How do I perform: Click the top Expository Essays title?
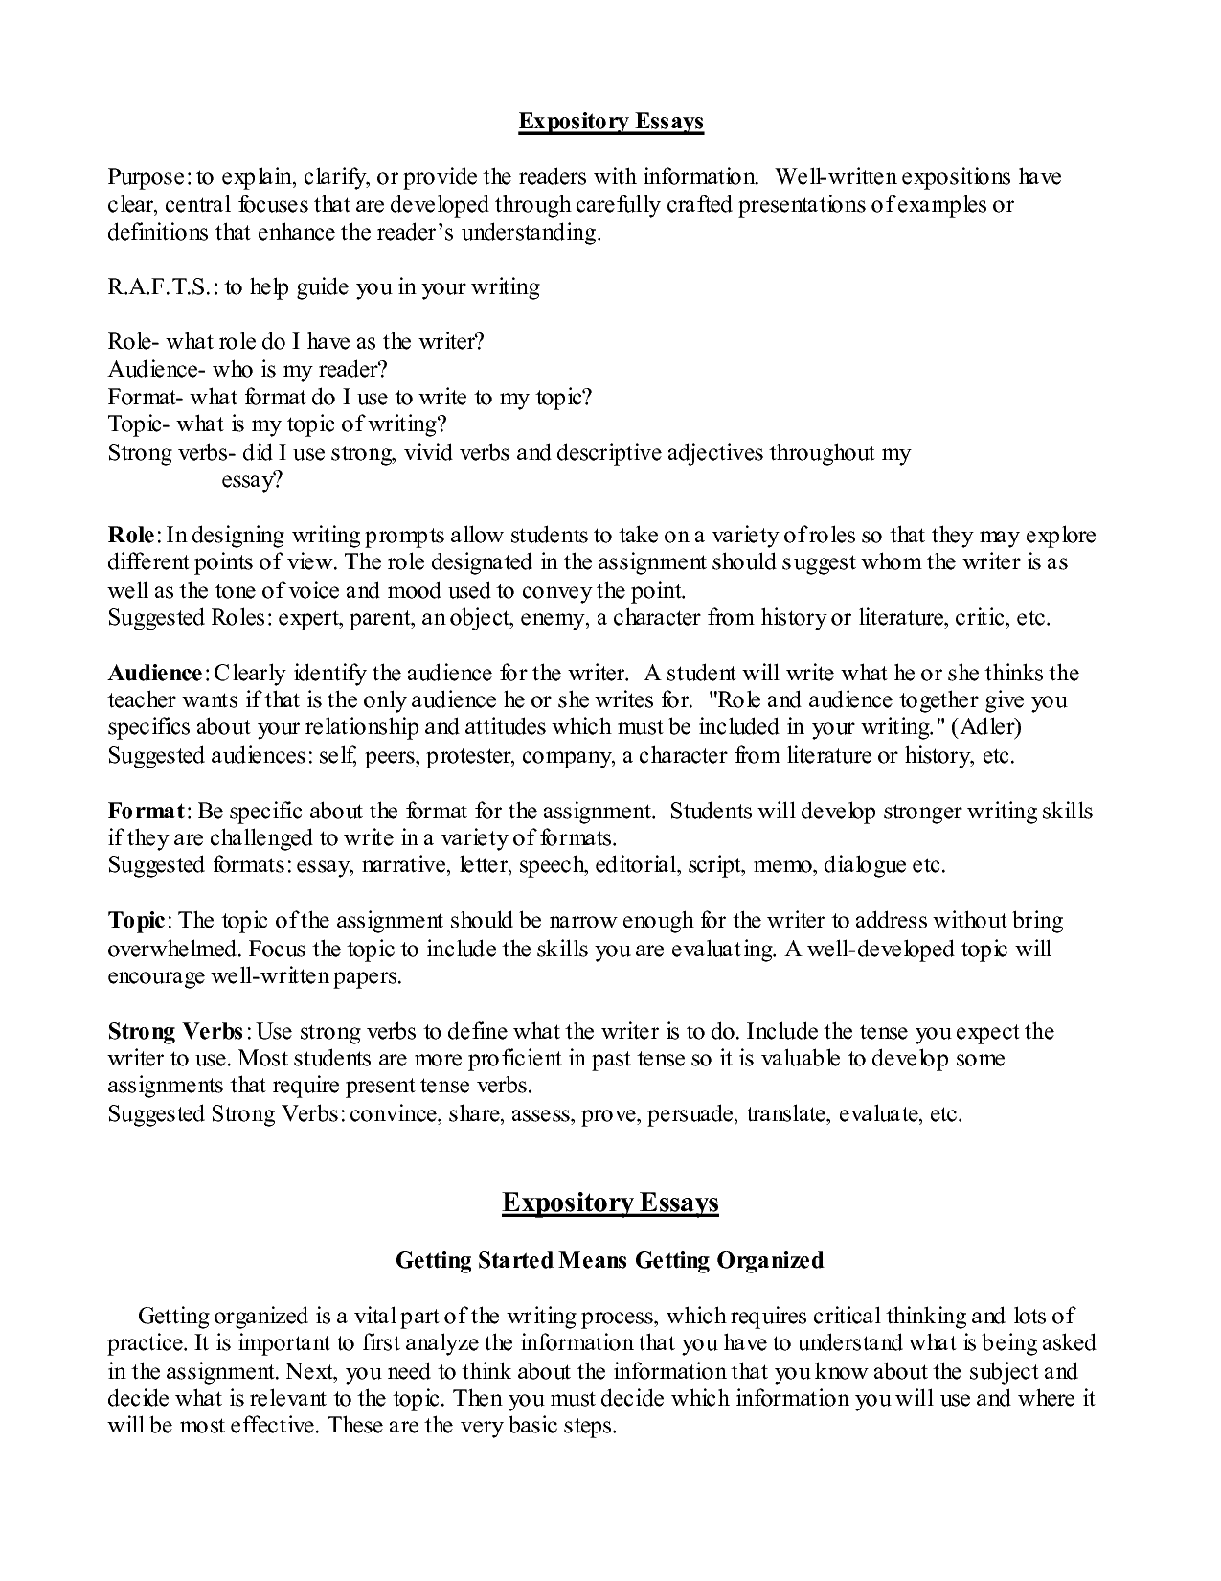(611, 122)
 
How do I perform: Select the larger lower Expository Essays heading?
(610, 1203)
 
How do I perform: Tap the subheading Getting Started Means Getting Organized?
(610, 1261)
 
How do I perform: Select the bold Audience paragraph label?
(154, 673)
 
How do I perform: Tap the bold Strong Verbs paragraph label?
(176, 1032)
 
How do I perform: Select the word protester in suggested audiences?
(473, 756)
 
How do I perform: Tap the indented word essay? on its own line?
(252, 481)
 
